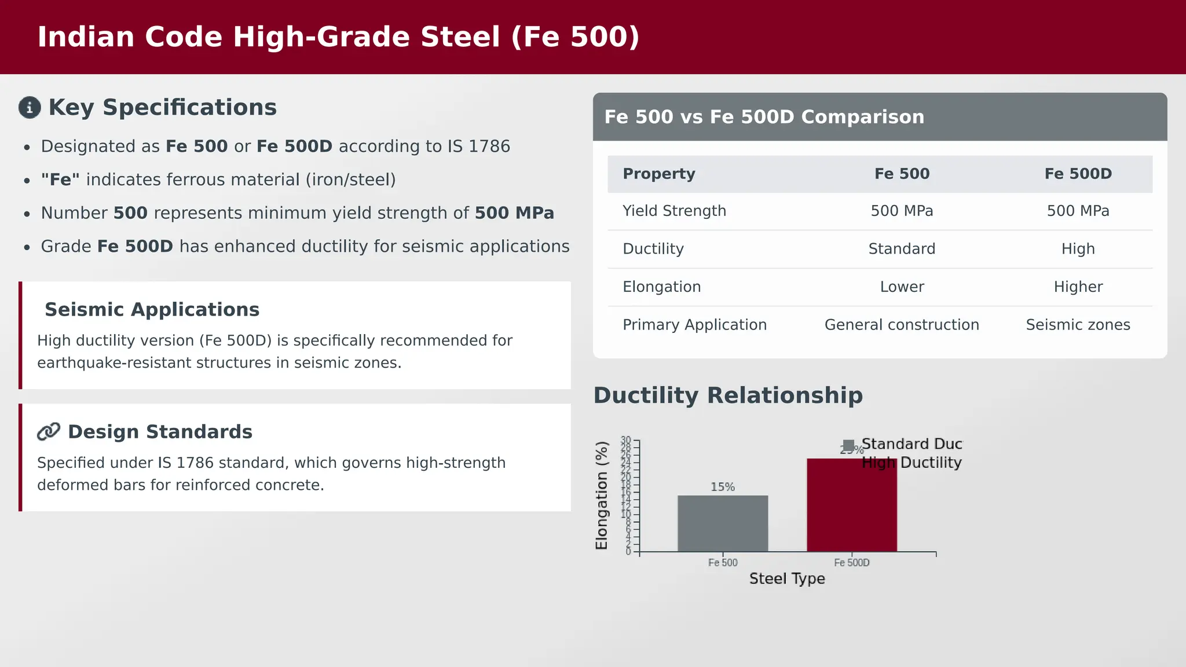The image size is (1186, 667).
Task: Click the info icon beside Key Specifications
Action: [x=30, y=108]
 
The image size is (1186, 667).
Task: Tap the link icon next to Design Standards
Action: [x=49, y=432]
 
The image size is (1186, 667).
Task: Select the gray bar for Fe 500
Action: [x=723, y=523]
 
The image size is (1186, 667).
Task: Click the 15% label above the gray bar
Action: [x=723, y=487]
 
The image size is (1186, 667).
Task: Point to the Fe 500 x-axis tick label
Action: [x=723, y=563]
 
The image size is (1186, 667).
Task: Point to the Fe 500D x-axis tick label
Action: [x=851, y=563]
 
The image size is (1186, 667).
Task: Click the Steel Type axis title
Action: [x=787, y=579]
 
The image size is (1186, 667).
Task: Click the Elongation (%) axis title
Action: [x=602, y=496]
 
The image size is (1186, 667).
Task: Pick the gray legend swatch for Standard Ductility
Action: [x=848, y=445]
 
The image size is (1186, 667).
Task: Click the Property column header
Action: [x=658, y=174]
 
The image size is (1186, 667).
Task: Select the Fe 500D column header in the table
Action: [x=1078, y=174]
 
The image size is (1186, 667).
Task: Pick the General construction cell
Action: [x=902, y=325]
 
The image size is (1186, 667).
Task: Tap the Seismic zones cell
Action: [x=1078, y=325]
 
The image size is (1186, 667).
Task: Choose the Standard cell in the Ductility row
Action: [x=902, y=249]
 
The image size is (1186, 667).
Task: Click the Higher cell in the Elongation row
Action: [x=1078, y=287]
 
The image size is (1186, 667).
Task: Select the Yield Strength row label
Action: [x=674, y=211]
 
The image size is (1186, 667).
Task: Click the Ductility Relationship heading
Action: [x=728, y=395]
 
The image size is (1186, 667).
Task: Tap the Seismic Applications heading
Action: [x=152, y=310]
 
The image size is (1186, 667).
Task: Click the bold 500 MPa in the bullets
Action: [x=514, y=213]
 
